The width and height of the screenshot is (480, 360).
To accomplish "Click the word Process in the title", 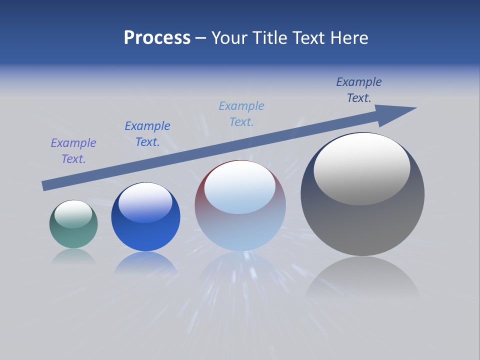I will [157, 37].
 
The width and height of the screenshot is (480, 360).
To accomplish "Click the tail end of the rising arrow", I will [45, 185].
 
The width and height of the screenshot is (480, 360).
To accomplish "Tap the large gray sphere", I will [362, 225].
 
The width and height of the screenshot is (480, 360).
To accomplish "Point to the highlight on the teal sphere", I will [73, 214].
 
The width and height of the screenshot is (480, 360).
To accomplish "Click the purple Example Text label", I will [73, 151].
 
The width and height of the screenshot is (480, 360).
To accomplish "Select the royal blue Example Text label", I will [147, 134].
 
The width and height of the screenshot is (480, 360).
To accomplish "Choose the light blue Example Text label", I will [241, 114].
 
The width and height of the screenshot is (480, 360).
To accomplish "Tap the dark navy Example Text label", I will [359, 90].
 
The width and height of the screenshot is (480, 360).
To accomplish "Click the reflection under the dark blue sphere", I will [145, 262].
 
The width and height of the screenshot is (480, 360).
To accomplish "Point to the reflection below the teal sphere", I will [73, 256].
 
